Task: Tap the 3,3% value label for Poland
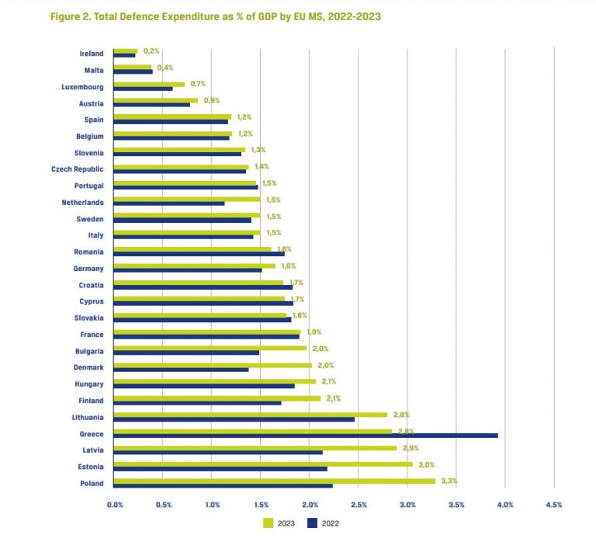[x=449, y=481]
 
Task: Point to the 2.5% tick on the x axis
[x=358, y=505]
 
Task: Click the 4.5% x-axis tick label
[x=553, y=505]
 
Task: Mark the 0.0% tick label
[x=114, y=505]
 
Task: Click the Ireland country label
[x=92, y=53]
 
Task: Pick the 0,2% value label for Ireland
[x=151, y=50]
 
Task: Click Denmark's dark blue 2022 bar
[x=181, y=370]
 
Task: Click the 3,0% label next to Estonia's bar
[x=426, y=464]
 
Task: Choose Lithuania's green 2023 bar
[x=250, y=415]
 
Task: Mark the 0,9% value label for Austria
[x=212, y=100]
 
